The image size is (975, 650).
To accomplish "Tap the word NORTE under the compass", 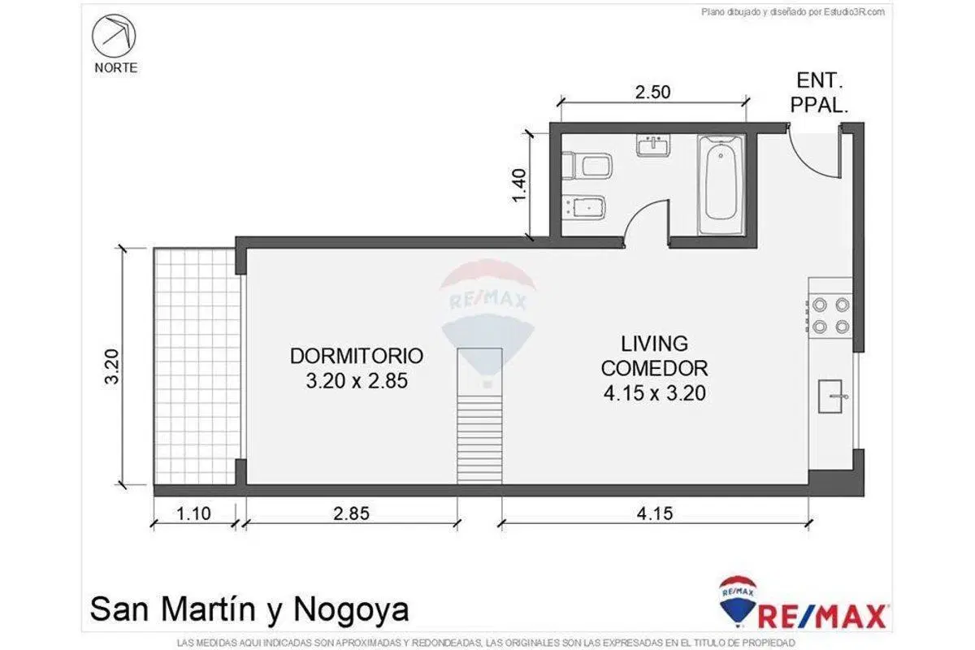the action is click(115, 68).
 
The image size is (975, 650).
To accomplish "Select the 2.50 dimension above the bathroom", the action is click(653, 92).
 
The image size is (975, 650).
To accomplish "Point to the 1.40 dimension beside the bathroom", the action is click(519, 185).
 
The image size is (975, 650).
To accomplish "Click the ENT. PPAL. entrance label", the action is click(819, 93).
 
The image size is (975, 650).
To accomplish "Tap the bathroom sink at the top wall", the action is click(653, 145).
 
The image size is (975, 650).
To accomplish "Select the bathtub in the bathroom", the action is click(721, 184).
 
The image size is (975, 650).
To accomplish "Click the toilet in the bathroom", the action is click(587, 166).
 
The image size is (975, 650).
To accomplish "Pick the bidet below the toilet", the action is click(583, 208).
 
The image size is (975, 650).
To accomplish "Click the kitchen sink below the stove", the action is click(830, 396).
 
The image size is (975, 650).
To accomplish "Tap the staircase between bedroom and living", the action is click(479, 416).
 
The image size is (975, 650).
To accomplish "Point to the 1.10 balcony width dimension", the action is click(193, 513).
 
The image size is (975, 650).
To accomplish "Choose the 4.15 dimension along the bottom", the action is click(655, 513).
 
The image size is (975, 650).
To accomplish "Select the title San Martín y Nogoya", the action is click(249, 610).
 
